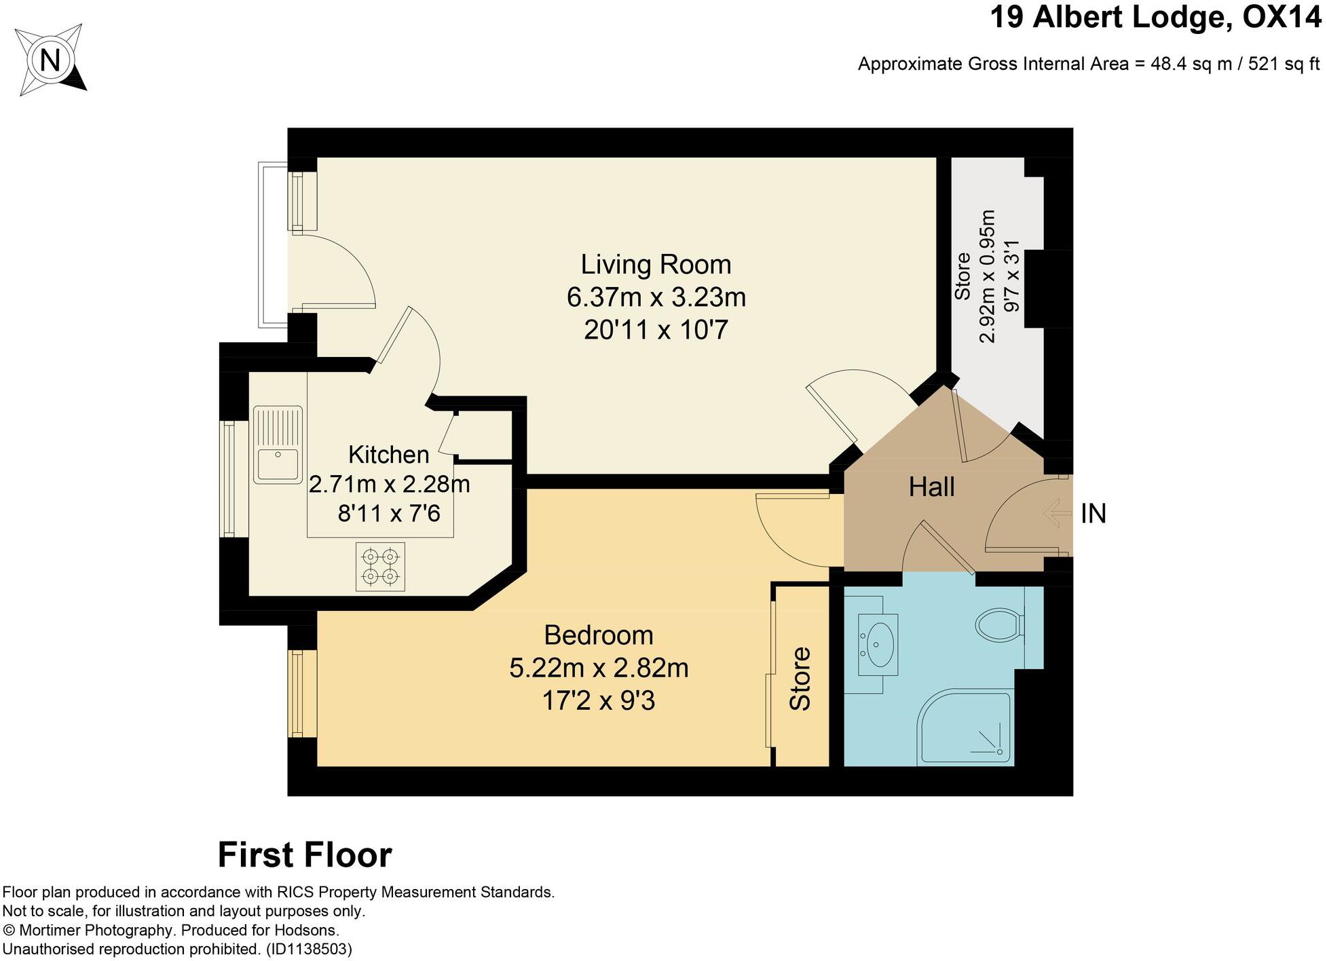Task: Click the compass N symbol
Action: tap(50, 61)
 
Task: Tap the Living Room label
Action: tap(656, 265)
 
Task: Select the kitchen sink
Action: tap(277, 444)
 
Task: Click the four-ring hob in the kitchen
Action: tap(380, 567)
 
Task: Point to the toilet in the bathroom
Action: tap(999, 622)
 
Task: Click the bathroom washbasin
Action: tap(878, 644)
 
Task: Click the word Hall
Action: tap(931, 487)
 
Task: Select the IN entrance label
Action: tap(1094, 514)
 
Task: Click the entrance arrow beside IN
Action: tap(1056, 513)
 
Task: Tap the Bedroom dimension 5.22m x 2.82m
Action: tap(599, 668)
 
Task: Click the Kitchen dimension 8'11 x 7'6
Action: tap(389, 514)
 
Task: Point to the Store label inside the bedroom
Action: tap(800, 679)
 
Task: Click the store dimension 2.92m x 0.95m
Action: tap(988, 277)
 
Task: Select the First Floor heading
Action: tap(305, 855)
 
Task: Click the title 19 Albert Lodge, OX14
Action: tap(1156, 18)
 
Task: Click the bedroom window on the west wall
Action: tap(297, 693)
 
